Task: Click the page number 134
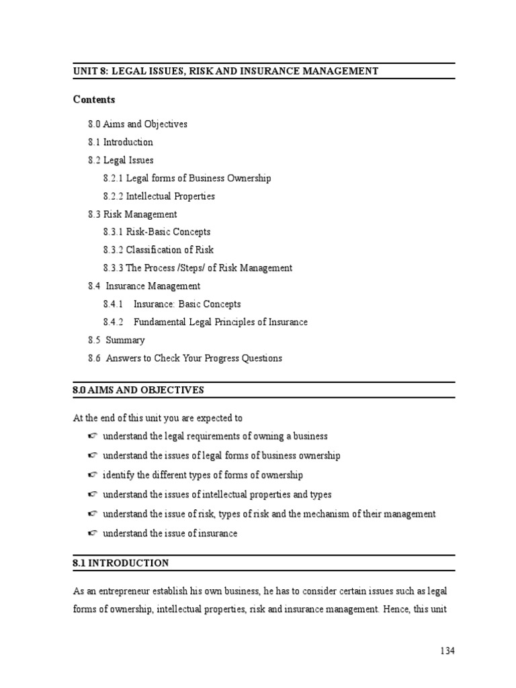click(447, 651)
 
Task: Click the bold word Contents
click(94, 99)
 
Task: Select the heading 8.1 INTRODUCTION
click(121, 563)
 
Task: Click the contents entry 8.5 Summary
click(116, 340)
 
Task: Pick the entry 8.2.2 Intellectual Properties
click(159, 196)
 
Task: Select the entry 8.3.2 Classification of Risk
click(159, 250)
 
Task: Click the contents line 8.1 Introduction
click(120, 142)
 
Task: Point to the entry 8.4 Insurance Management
click(144, 286)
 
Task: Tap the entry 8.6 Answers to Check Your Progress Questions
click(185, 358)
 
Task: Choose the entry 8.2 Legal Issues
click(120, 161)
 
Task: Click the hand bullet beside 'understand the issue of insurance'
click(92, 533)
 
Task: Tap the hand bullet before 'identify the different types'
click(92, 475)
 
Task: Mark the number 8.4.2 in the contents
click(114, 322)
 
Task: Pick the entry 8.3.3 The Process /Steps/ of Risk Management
click(198, 268)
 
